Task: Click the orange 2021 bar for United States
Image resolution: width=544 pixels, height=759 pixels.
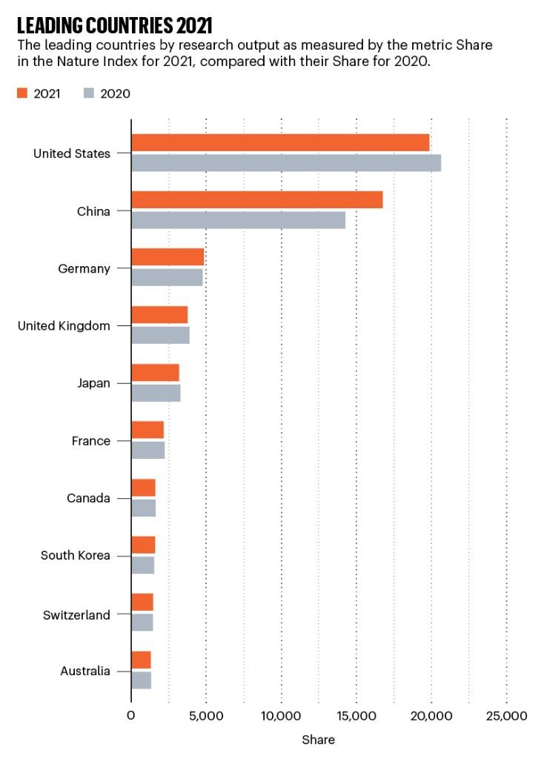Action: point(280,143)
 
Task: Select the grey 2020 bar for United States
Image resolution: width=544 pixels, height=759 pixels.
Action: point(286,163)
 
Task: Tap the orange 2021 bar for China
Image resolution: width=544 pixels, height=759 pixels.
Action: point(257,200)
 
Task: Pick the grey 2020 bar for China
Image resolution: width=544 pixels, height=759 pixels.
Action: point(238,220)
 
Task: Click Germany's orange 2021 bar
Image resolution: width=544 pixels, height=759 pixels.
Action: point(167,257)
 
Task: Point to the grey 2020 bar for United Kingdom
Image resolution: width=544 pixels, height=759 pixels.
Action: point(160,335)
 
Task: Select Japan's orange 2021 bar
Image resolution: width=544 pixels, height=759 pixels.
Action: point(155,373)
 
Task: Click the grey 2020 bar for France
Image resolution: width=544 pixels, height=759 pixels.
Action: point(147,450)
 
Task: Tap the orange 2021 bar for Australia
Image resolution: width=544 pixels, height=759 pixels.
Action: point(141,660)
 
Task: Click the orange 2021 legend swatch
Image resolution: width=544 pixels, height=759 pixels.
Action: point(21,93)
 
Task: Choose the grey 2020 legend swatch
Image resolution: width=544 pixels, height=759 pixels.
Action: point(88,93)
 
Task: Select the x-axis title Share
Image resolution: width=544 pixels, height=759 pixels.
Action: point(318,740)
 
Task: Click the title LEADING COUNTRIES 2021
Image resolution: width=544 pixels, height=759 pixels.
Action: point(114,26)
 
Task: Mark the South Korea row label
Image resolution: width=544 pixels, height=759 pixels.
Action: point(75,555)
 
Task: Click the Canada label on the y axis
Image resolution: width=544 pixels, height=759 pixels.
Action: point(88,498)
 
